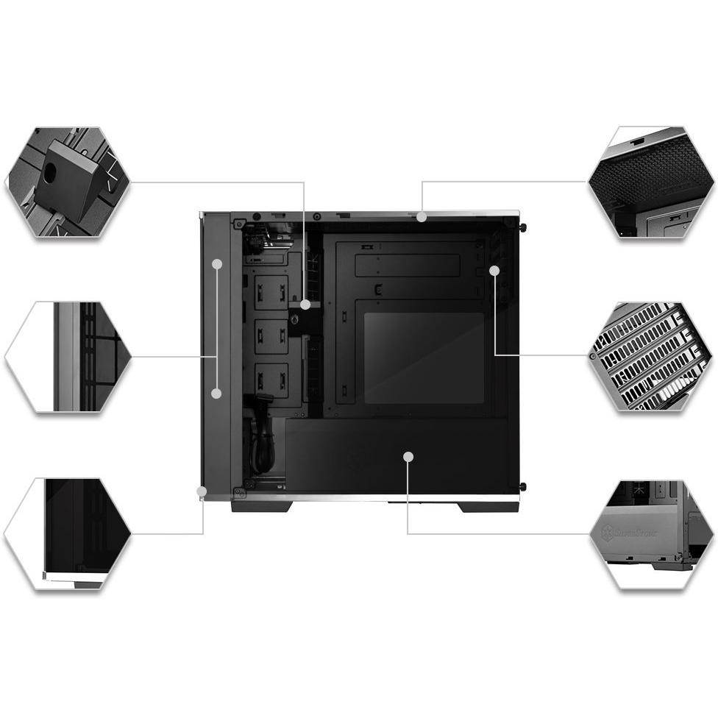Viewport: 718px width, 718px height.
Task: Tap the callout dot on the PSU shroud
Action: (408, 457)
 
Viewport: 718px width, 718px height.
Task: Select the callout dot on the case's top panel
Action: (421, 216)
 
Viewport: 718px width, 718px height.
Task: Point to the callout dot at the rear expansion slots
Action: (494, 271)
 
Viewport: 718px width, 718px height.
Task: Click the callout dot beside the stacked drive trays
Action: (305, 303)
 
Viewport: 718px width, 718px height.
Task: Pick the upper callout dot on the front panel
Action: (218, 263)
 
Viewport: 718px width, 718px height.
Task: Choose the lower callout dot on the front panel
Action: (216, 394)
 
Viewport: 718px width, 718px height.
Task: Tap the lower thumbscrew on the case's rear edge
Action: (522, 486)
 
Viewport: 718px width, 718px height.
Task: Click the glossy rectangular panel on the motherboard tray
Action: (424, 358)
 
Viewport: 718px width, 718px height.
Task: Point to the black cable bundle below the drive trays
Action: (261, 441)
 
